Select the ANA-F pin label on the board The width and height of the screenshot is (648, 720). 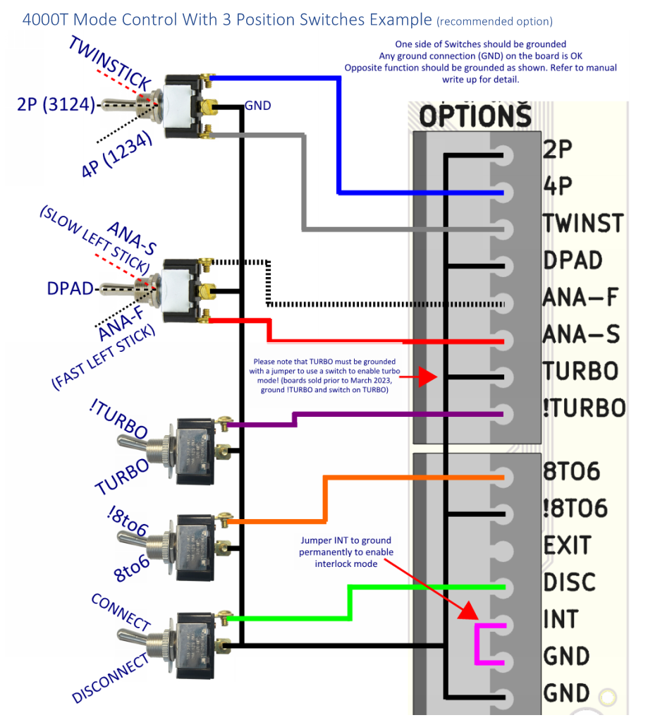[x=580, y=297]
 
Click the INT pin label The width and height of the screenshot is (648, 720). [x=561, y=619]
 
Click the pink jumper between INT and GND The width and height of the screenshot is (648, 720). [x=479, y=644]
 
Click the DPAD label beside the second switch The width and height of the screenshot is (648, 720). [x=70, y=289]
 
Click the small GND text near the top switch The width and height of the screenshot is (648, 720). [x=257, y=106]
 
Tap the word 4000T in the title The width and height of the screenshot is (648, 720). [x=51, y=19]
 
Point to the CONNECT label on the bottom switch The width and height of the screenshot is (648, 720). [x=121, y=612]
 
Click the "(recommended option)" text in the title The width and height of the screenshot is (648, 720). [x=495, y=21]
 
